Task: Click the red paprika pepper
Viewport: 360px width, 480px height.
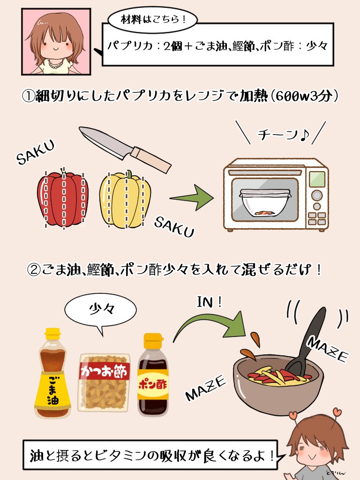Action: (62, 199)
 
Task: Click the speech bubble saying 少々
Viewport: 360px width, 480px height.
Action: (100, 310)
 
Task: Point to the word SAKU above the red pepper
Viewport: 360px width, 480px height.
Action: (36, 152)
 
